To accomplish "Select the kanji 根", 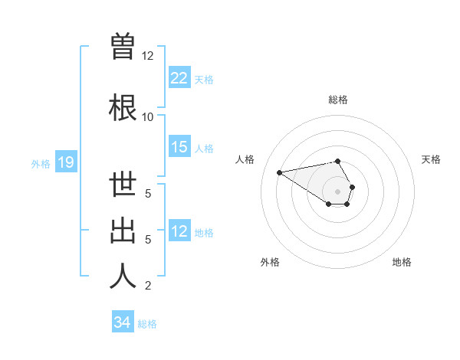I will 123,106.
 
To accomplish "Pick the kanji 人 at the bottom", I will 123,277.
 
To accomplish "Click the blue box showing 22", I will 179,78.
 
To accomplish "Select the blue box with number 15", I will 179,147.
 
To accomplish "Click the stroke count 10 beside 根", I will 148,116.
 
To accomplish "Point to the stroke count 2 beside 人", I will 148,286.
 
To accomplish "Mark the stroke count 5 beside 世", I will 148,194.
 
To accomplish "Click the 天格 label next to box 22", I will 204,79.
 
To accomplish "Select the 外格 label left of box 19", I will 41,163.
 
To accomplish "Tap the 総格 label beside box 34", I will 148,323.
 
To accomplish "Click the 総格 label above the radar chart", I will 337,100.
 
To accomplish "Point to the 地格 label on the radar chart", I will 401,262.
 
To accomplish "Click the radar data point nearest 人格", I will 279,172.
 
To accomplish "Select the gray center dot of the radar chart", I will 337,190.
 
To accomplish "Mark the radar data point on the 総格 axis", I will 337,161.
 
